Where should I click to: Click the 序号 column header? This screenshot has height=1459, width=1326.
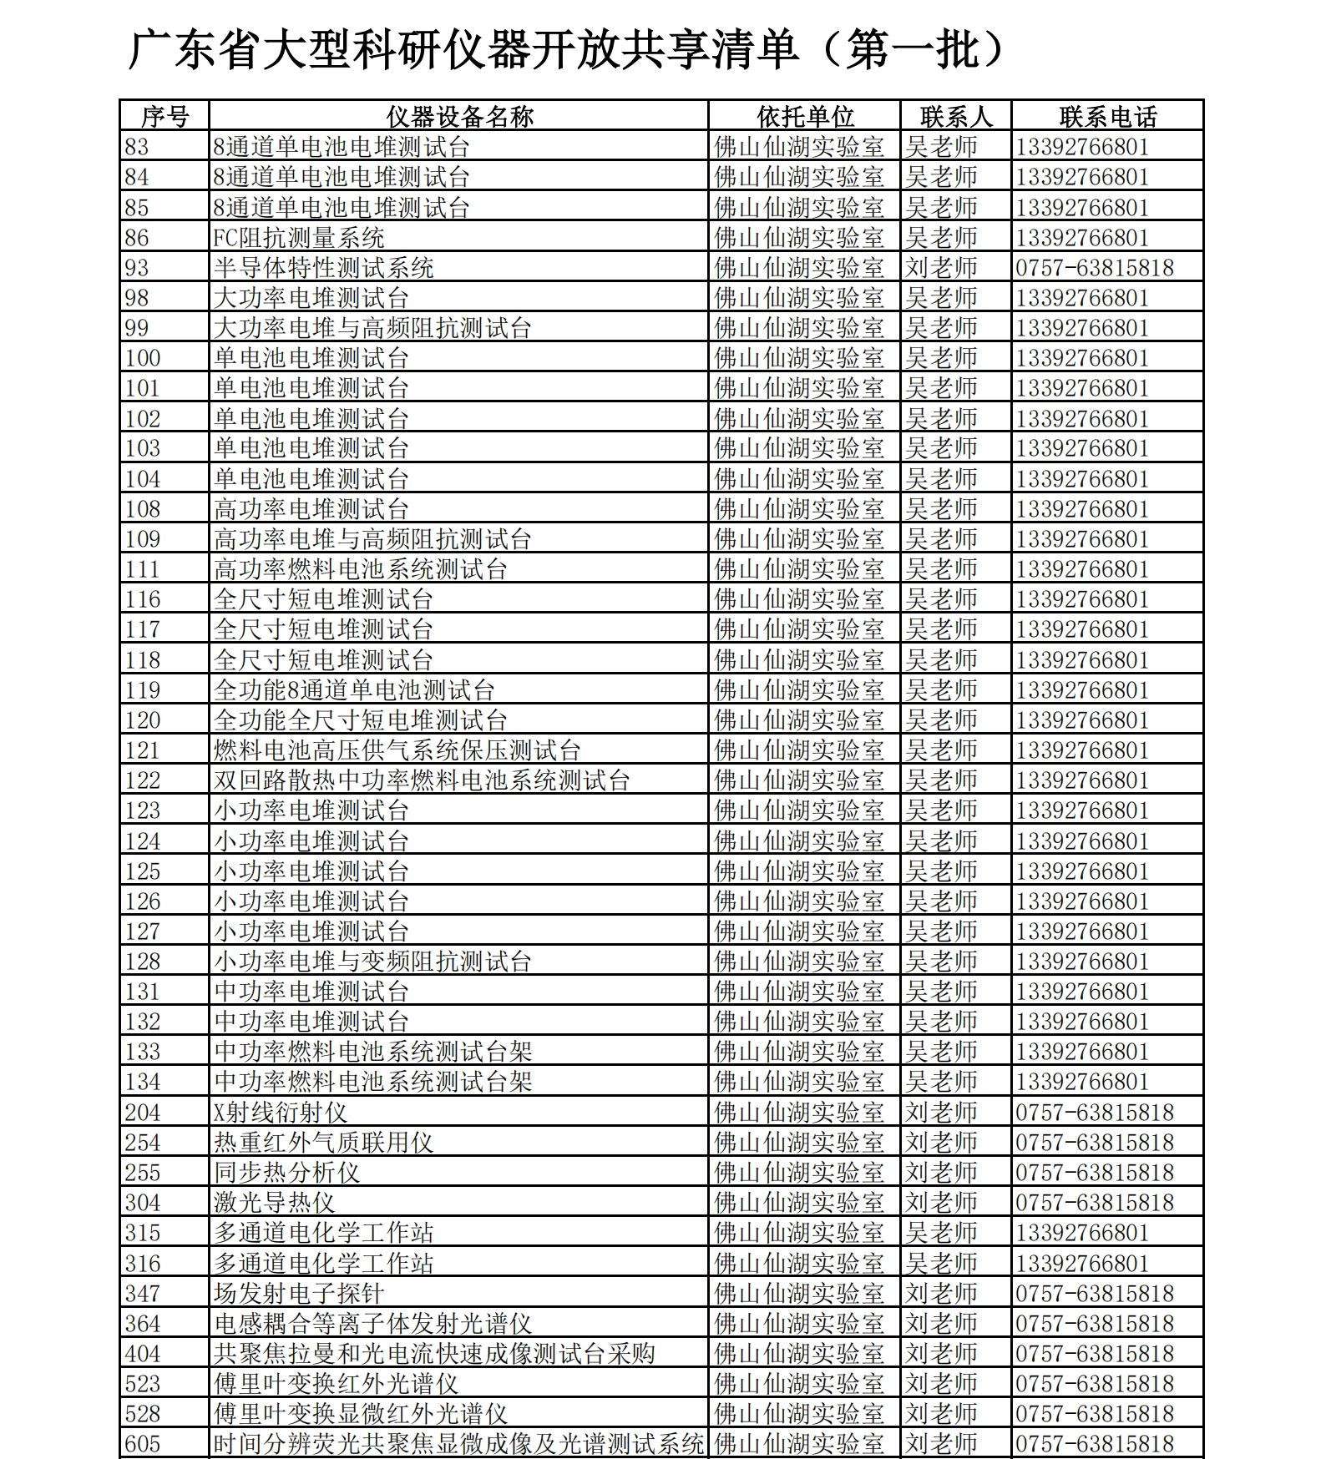click(164, 116)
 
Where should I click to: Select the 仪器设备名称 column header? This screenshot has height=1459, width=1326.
click(458, 116)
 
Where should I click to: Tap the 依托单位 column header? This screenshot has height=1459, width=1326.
click(805, 116)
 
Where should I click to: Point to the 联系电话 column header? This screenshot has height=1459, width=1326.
click(1107, 116)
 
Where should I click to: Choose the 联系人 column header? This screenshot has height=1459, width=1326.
click(956, 116)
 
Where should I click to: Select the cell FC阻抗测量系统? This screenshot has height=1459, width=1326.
click(299, 238)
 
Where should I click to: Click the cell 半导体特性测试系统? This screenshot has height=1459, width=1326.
click(323, 268)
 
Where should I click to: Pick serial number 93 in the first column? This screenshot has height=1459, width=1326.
click(137, 268)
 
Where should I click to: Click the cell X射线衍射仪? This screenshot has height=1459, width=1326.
click(280, 1112)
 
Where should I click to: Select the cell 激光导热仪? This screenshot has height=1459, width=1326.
click(274, 1203)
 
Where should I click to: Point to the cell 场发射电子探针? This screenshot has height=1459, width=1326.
click(298, 1293)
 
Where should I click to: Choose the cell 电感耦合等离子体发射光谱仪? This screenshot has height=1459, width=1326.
click(372, 1323)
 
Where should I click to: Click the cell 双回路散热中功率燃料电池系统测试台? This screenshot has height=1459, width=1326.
click(421, 780)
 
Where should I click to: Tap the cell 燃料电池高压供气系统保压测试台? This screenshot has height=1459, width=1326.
click(397, 750)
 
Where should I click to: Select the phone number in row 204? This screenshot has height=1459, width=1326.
click(1095, 1112)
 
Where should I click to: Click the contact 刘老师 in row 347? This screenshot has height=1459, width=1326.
click(941, 1293)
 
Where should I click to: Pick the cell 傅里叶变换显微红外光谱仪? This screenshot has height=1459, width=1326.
click(360, 1413)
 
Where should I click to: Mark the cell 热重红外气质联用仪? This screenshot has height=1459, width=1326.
click(323, 1142)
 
